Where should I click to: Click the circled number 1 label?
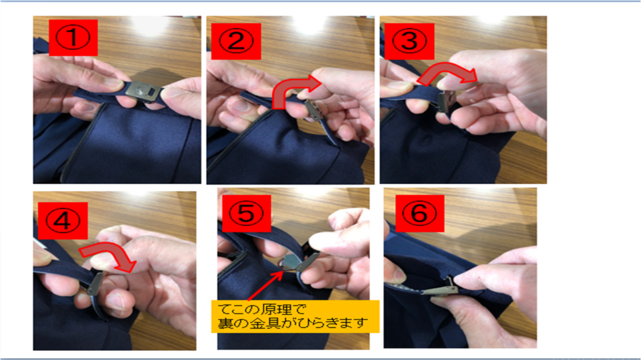tap(73, 38)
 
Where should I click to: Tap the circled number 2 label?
tap(236, 41)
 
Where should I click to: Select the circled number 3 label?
tap(409, 41)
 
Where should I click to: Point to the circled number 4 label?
tap(63, 221)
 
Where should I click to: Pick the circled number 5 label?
tap(246, 213)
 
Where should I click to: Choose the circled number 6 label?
tap(420, 213)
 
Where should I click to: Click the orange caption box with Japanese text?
tap(295, 317)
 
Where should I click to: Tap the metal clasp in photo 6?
tap(439, 287)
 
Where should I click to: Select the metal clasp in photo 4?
tap(96, 283)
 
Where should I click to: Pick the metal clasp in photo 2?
tap(314, 110)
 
